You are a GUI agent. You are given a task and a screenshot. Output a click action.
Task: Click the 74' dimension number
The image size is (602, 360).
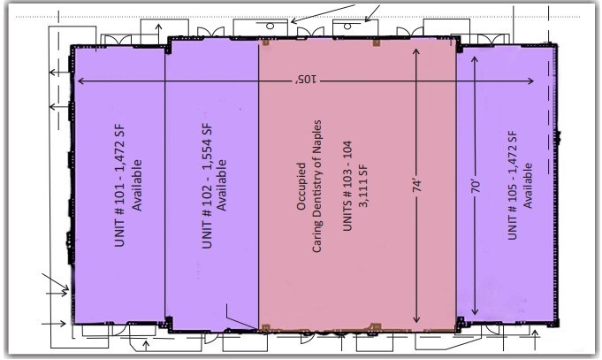click(x=416, y=188)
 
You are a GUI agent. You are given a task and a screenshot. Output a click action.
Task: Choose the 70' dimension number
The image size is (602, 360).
click(x=476, y=188)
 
